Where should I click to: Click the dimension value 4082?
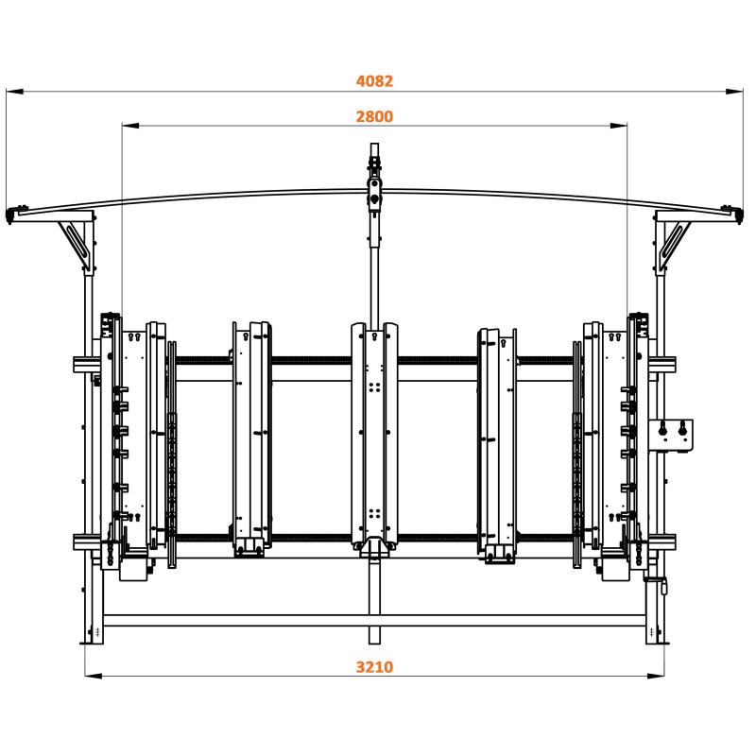coord(374,81)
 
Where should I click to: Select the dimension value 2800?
coord(374,116)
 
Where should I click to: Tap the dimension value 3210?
coord(374,666)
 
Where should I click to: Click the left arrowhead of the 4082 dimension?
coord(13,92)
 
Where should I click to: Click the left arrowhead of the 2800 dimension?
coord(129,125)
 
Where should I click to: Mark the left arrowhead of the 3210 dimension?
coord(93,675)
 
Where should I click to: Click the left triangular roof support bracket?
coord(76,240)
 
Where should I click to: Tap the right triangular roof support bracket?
coord(674,240)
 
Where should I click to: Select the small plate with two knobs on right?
coord(672,436)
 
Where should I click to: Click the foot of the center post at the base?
coord(375,633)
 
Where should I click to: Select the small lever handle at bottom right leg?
coord(663,587)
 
